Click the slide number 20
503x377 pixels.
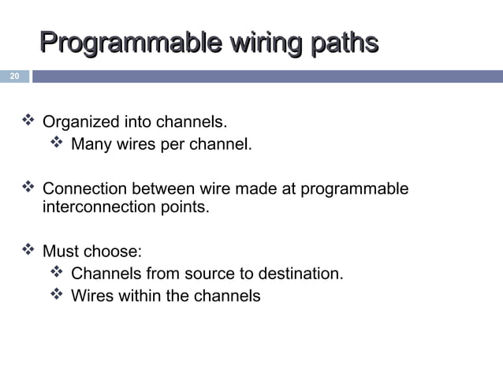[x=13, y=77]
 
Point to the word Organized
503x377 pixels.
[x=79, y=122]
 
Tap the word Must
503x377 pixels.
[x=60, y=252]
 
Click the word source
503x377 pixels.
[x=207, y=274]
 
